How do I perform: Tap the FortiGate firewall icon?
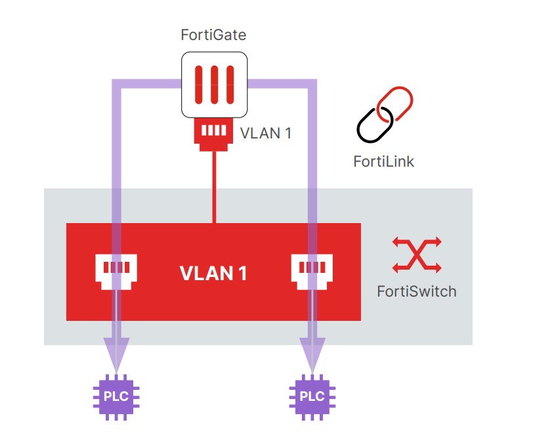pyautogui.click(x=214, y=85)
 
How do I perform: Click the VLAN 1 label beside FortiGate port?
pyautogui.click(x=265, y=133)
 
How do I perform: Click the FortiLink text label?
pyautogui.click(x=384, y=161)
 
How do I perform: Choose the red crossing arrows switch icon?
pyautogui.click(x=417, y=255)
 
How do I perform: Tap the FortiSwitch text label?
pyautogui.click(x=417, y=291)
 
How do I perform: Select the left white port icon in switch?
pyautogui.click(x=117, y=270)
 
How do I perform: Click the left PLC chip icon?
pyautogui.click(x=117, y=396)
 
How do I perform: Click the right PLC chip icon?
pyautogui.click(x=312, y=396)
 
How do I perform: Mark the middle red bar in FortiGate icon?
pyautogui.click(x=214, y=85)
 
